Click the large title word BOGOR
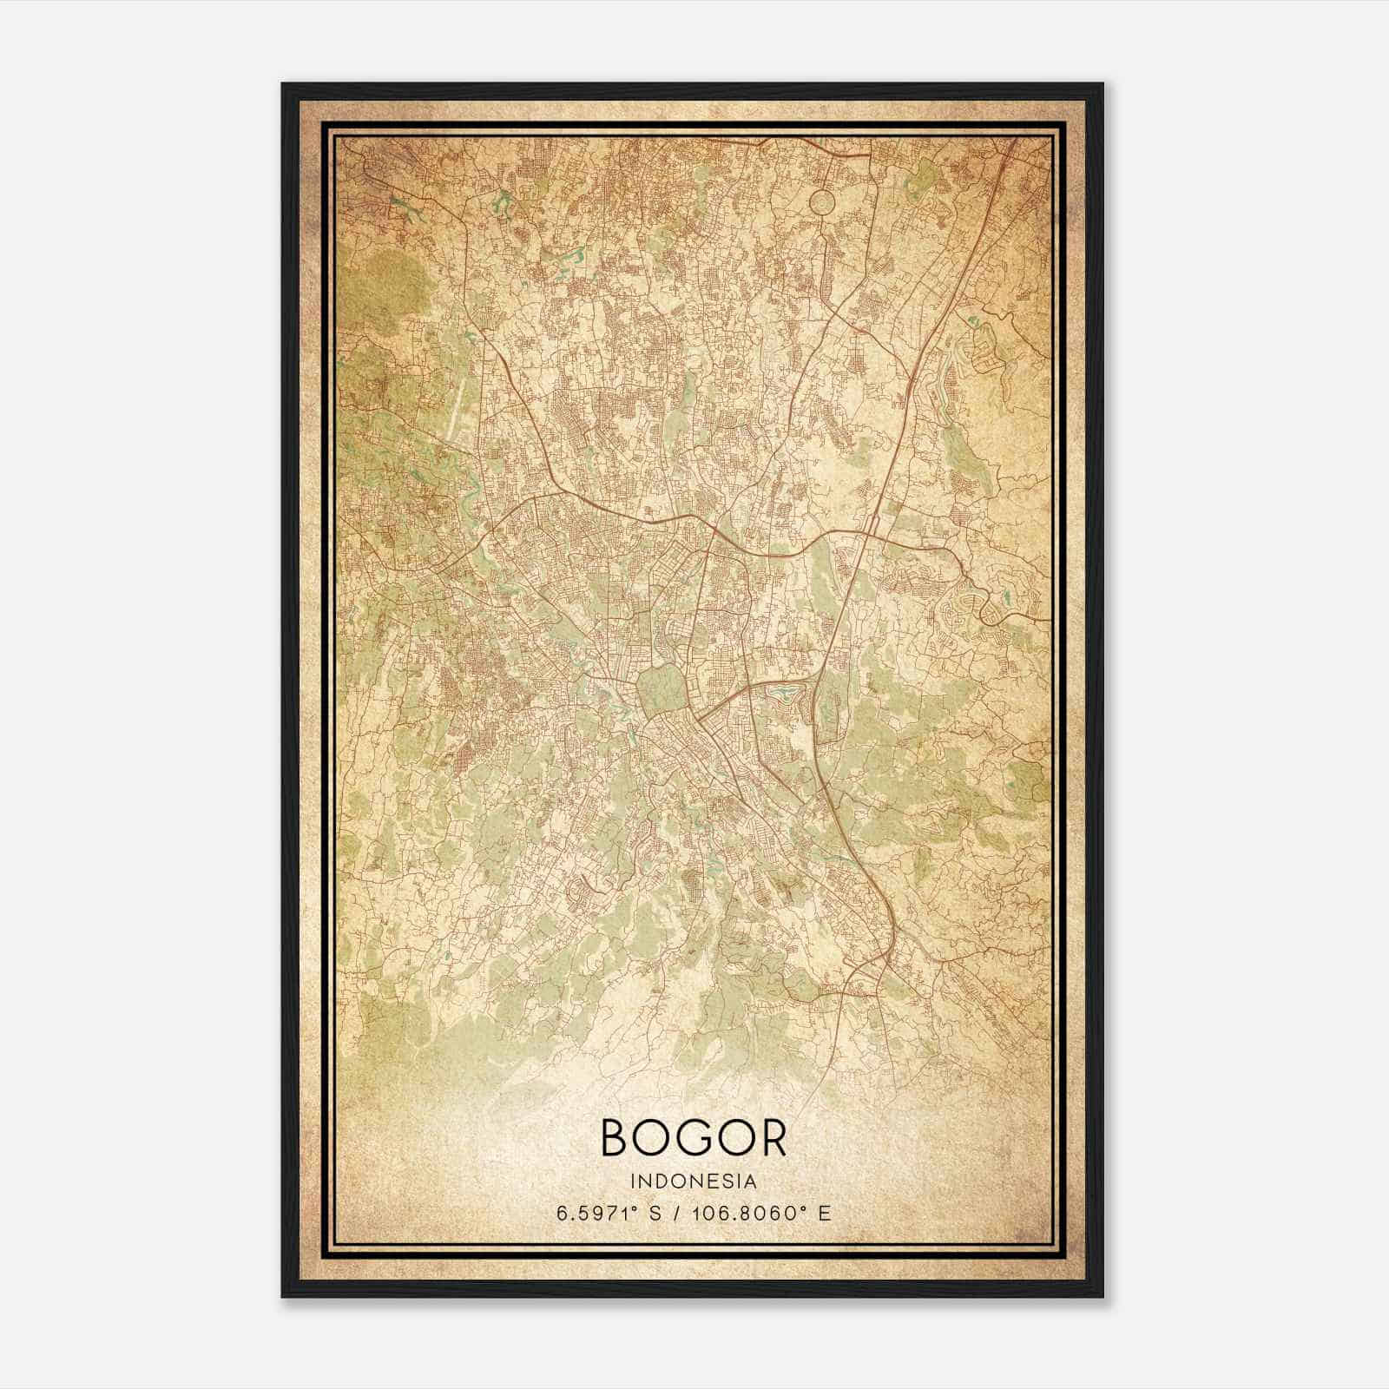point(693,1138)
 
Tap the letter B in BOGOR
point(617,1138)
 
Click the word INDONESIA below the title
point(694,1182)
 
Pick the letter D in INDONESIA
point(665,1182)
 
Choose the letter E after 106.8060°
point(824,1213)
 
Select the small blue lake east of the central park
point(786,694)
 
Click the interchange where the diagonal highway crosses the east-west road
point(871,524)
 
